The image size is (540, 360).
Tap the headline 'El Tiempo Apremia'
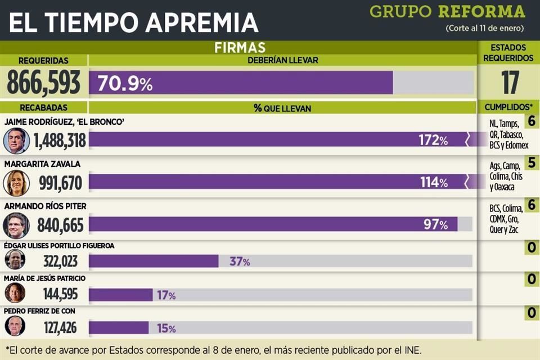coord(133,22)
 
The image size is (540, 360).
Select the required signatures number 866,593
coord(43,83)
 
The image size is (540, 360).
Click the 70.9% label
coord(125,84)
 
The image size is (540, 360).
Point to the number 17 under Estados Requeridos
coord(510,83)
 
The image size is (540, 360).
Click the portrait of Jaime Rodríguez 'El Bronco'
coord(16,141)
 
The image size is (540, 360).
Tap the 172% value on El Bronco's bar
coord(433,141)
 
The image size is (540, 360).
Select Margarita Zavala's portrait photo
coord(16,183)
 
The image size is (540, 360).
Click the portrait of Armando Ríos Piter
coord(16,225)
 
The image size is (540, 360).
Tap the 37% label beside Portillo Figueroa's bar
coord(240,262)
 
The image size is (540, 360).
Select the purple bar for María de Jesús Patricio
coord(120,295)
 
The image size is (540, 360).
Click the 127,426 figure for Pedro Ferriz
coord(60,327)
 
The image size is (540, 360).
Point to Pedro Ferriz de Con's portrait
coord(15,326)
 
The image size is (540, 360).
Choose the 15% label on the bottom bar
coord(165,328)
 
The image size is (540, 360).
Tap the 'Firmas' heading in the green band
coord(240,48)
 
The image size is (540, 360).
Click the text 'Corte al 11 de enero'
coord(484,28)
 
